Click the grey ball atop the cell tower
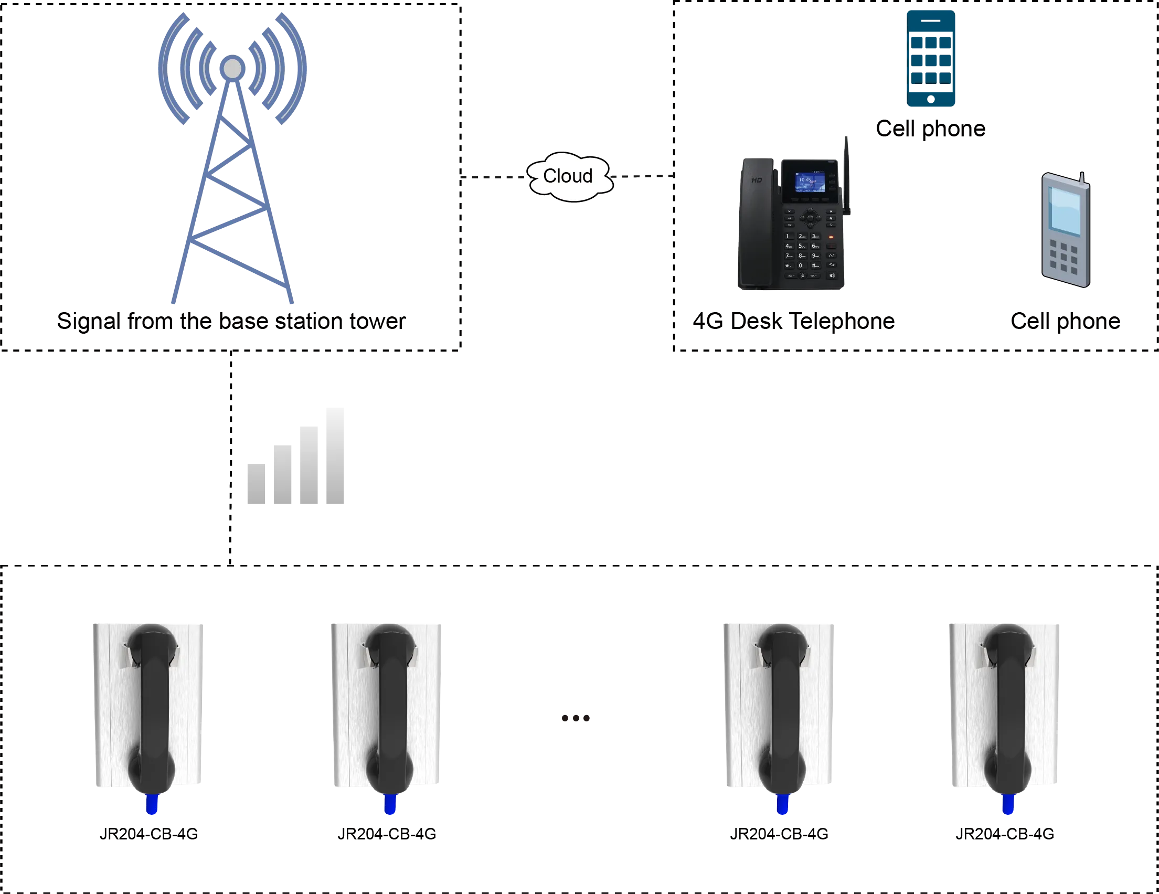[232, 68]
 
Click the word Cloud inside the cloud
[567, 176]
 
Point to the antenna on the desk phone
[847, 175]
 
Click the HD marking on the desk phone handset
[757, 180]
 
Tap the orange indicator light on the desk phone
[831, 237]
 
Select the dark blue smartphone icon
[931, 58]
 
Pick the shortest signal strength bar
[256, 484]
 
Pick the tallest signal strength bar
[333, 457]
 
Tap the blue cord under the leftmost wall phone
[152, 804]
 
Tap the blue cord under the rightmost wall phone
[1007, 804]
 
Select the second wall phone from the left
[387, 706]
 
